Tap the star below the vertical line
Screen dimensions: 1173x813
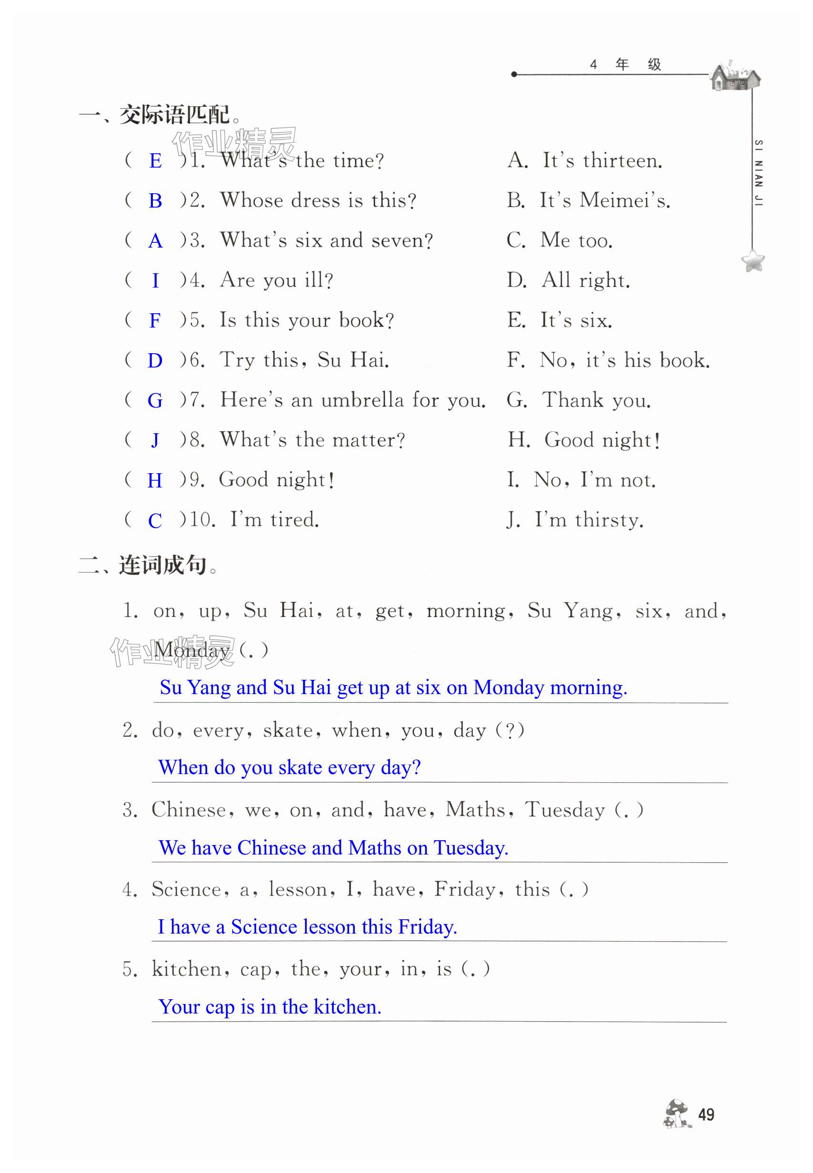tap(753, 261)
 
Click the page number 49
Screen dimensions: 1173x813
tap(705, 1114)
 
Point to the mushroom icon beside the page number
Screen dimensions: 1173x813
tap(676, 1113)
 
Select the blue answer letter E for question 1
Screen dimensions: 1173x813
tap(155, 161)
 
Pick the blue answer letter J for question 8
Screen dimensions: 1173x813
tap(155, 440)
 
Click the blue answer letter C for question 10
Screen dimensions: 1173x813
tap(155, 520)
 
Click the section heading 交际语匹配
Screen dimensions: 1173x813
tap(174, 115)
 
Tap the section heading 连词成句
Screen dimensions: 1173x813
tap(162, 565)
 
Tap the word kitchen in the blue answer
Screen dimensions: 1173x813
tap(346, 1006)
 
